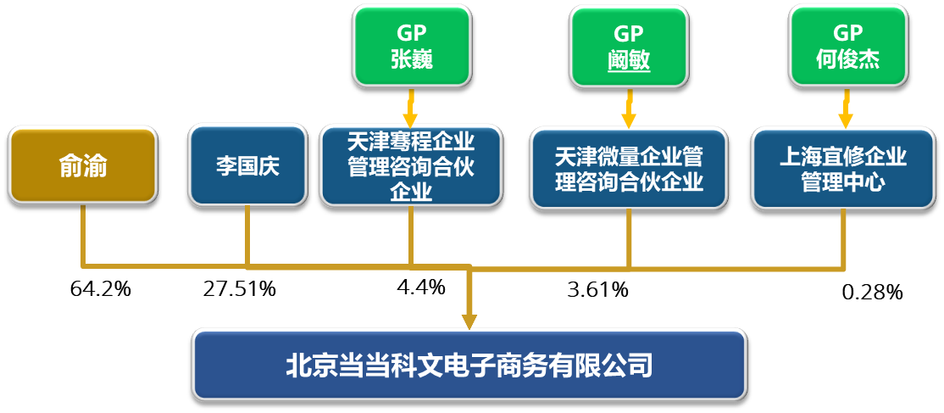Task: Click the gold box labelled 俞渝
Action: pos(83,165)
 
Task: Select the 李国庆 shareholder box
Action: pos(247,165)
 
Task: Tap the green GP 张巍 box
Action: pos(411,46)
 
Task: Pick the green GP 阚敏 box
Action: pos(629,46)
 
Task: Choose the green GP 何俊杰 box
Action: pos(847,46)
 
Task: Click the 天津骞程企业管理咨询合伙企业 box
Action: pos(411,166)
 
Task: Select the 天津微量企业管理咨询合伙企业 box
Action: pos(629,168)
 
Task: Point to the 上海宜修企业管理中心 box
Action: pos(843,168)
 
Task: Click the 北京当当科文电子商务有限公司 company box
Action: pos(469,366)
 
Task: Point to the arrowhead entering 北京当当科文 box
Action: pos(469,321)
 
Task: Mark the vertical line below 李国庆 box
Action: pos(247,236)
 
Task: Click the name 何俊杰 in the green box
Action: pos(847,59)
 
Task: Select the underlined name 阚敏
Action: pos(629,59)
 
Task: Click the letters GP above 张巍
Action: pos(411,32)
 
